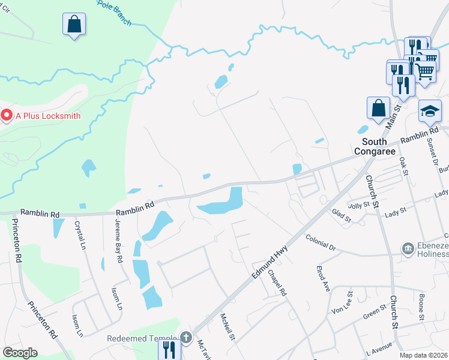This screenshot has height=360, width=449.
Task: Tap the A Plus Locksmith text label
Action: click(x=48, y=115)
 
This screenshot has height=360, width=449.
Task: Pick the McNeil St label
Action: click(x=226, y=327)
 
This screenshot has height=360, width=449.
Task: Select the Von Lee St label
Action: click(x=342, y=302)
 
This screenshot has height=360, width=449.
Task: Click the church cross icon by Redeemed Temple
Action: click(x=186, y=338)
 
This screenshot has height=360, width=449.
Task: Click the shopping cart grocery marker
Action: click(x=425, y=71)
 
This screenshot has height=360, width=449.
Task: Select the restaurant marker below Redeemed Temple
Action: click(x=169, y=350)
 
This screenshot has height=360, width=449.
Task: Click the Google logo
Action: click(x=20, y=353)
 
